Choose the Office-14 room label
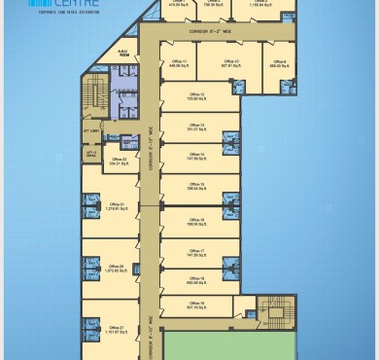point(196,154)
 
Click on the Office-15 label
point(196,185)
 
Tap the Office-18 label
point(196,277)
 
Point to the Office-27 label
point(115,327)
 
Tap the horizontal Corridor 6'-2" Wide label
point(198,31)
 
